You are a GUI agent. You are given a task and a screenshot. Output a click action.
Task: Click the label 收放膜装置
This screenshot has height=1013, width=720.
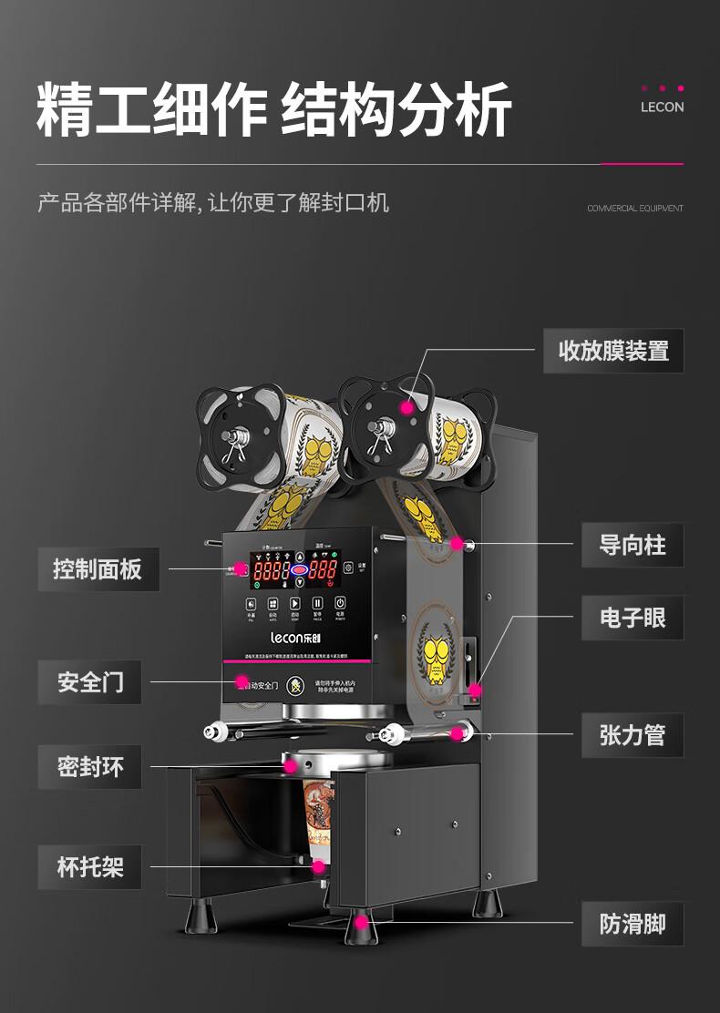click(613, 351)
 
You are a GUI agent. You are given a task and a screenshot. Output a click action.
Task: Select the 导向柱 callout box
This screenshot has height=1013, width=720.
click(632, 545)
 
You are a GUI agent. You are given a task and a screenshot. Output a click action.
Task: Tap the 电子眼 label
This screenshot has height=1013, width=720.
click(632, 618)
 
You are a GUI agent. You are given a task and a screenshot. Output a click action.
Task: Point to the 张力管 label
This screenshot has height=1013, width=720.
click(632, 735)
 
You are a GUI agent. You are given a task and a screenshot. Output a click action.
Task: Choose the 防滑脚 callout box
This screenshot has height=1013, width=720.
click(632, 924)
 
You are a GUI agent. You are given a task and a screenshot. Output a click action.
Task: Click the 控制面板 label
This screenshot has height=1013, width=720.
click(98, 569)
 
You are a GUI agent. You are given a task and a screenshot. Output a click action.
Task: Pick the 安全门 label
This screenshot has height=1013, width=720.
click(89, 681)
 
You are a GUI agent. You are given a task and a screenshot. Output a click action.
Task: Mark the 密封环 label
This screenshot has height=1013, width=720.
click(89, 767)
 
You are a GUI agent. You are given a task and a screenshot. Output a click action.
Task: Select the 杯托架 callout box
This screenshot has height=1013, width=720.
click(89, 866)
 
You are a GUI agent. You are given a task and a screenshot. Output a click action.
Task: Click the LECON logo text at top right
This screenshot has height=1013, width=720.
click(662, 107)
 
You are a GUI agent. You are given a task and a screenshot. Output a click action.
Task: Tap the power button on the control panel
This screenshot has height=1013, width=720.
click(339, 603)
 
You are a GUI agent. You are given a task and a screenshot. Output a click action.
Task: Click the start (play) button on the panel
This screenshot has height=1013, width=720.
click(294, 603)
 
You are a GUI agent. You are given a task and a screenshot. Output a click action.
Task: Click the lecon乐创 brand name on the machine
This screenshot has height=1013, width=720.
click(294, 640)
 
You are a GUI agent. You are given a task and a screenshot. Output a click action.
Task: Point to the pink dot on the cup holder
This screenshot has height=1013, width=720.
click(318, 866)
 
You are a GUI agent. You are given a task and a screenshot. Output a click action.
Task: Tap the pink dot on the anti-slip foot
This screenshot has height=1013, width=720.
click(362, 923)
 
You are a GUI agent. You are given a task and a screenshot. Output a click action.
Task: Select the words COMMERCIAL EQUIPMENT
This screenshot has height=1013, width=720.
click(634, 209)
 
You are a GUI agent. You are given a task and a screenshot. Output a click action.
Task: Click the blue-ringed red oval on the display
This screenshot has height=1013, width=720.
click(298, 571)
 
